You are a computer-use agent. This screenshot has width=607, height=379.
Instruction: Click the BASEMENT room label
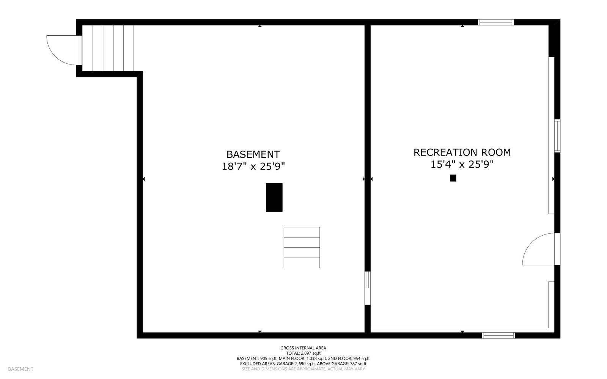pos(253,154)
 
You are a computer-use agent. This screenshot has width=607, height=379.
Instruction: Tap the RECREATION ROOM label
pos(462,152)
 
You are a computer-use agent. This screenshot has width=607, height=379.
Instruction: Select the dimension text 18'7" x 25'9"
pos(253,167)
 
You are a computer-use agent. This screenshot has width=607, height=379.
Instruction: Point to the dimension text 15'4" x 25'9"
pos(462,164)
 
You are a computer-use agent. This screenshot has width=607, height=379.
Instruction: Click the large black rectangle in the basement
pos(274,197)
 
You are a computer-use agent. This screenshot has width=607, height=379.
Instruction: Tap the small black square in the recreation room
pos(453,178)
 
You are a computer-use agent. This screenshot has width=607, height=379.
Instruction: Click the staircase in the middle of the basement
pos(302,247)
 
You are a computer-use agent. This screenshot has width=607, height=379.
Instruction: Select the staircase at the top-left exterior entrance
pos(108,48)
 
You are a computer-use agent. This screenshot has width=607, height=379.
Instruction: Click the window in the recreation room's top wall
pos(496,22)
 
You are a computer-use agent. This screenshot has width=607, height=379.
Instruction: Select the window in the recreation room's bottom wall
pos(498,335)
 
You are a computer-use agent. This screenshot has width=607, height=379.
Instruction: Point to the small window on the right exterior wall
pos(557,136)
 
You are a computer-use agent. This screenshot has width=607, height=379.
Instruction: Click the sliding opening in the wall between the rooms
pos(367,288)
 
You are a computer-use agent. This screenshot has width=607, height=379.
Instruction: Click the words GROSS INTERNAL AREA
pos(303,348)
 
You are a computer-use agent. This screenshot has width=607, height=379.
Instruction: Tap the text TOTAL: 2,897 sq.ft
pos(303,353)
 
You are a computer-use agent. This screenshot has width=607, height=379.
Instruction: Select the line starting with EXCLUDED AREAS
pos(303,363)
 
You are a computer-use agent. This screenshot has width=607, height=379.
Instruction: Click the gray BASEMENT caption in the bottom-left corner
pos(20,369)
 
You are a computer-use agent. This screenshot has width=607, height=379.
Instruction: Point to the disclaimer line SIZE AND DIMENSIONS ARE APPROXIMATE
pos(303,369)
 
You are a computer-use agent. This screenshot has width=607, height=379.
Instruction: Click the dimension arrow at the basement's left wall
pos(143,179)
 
